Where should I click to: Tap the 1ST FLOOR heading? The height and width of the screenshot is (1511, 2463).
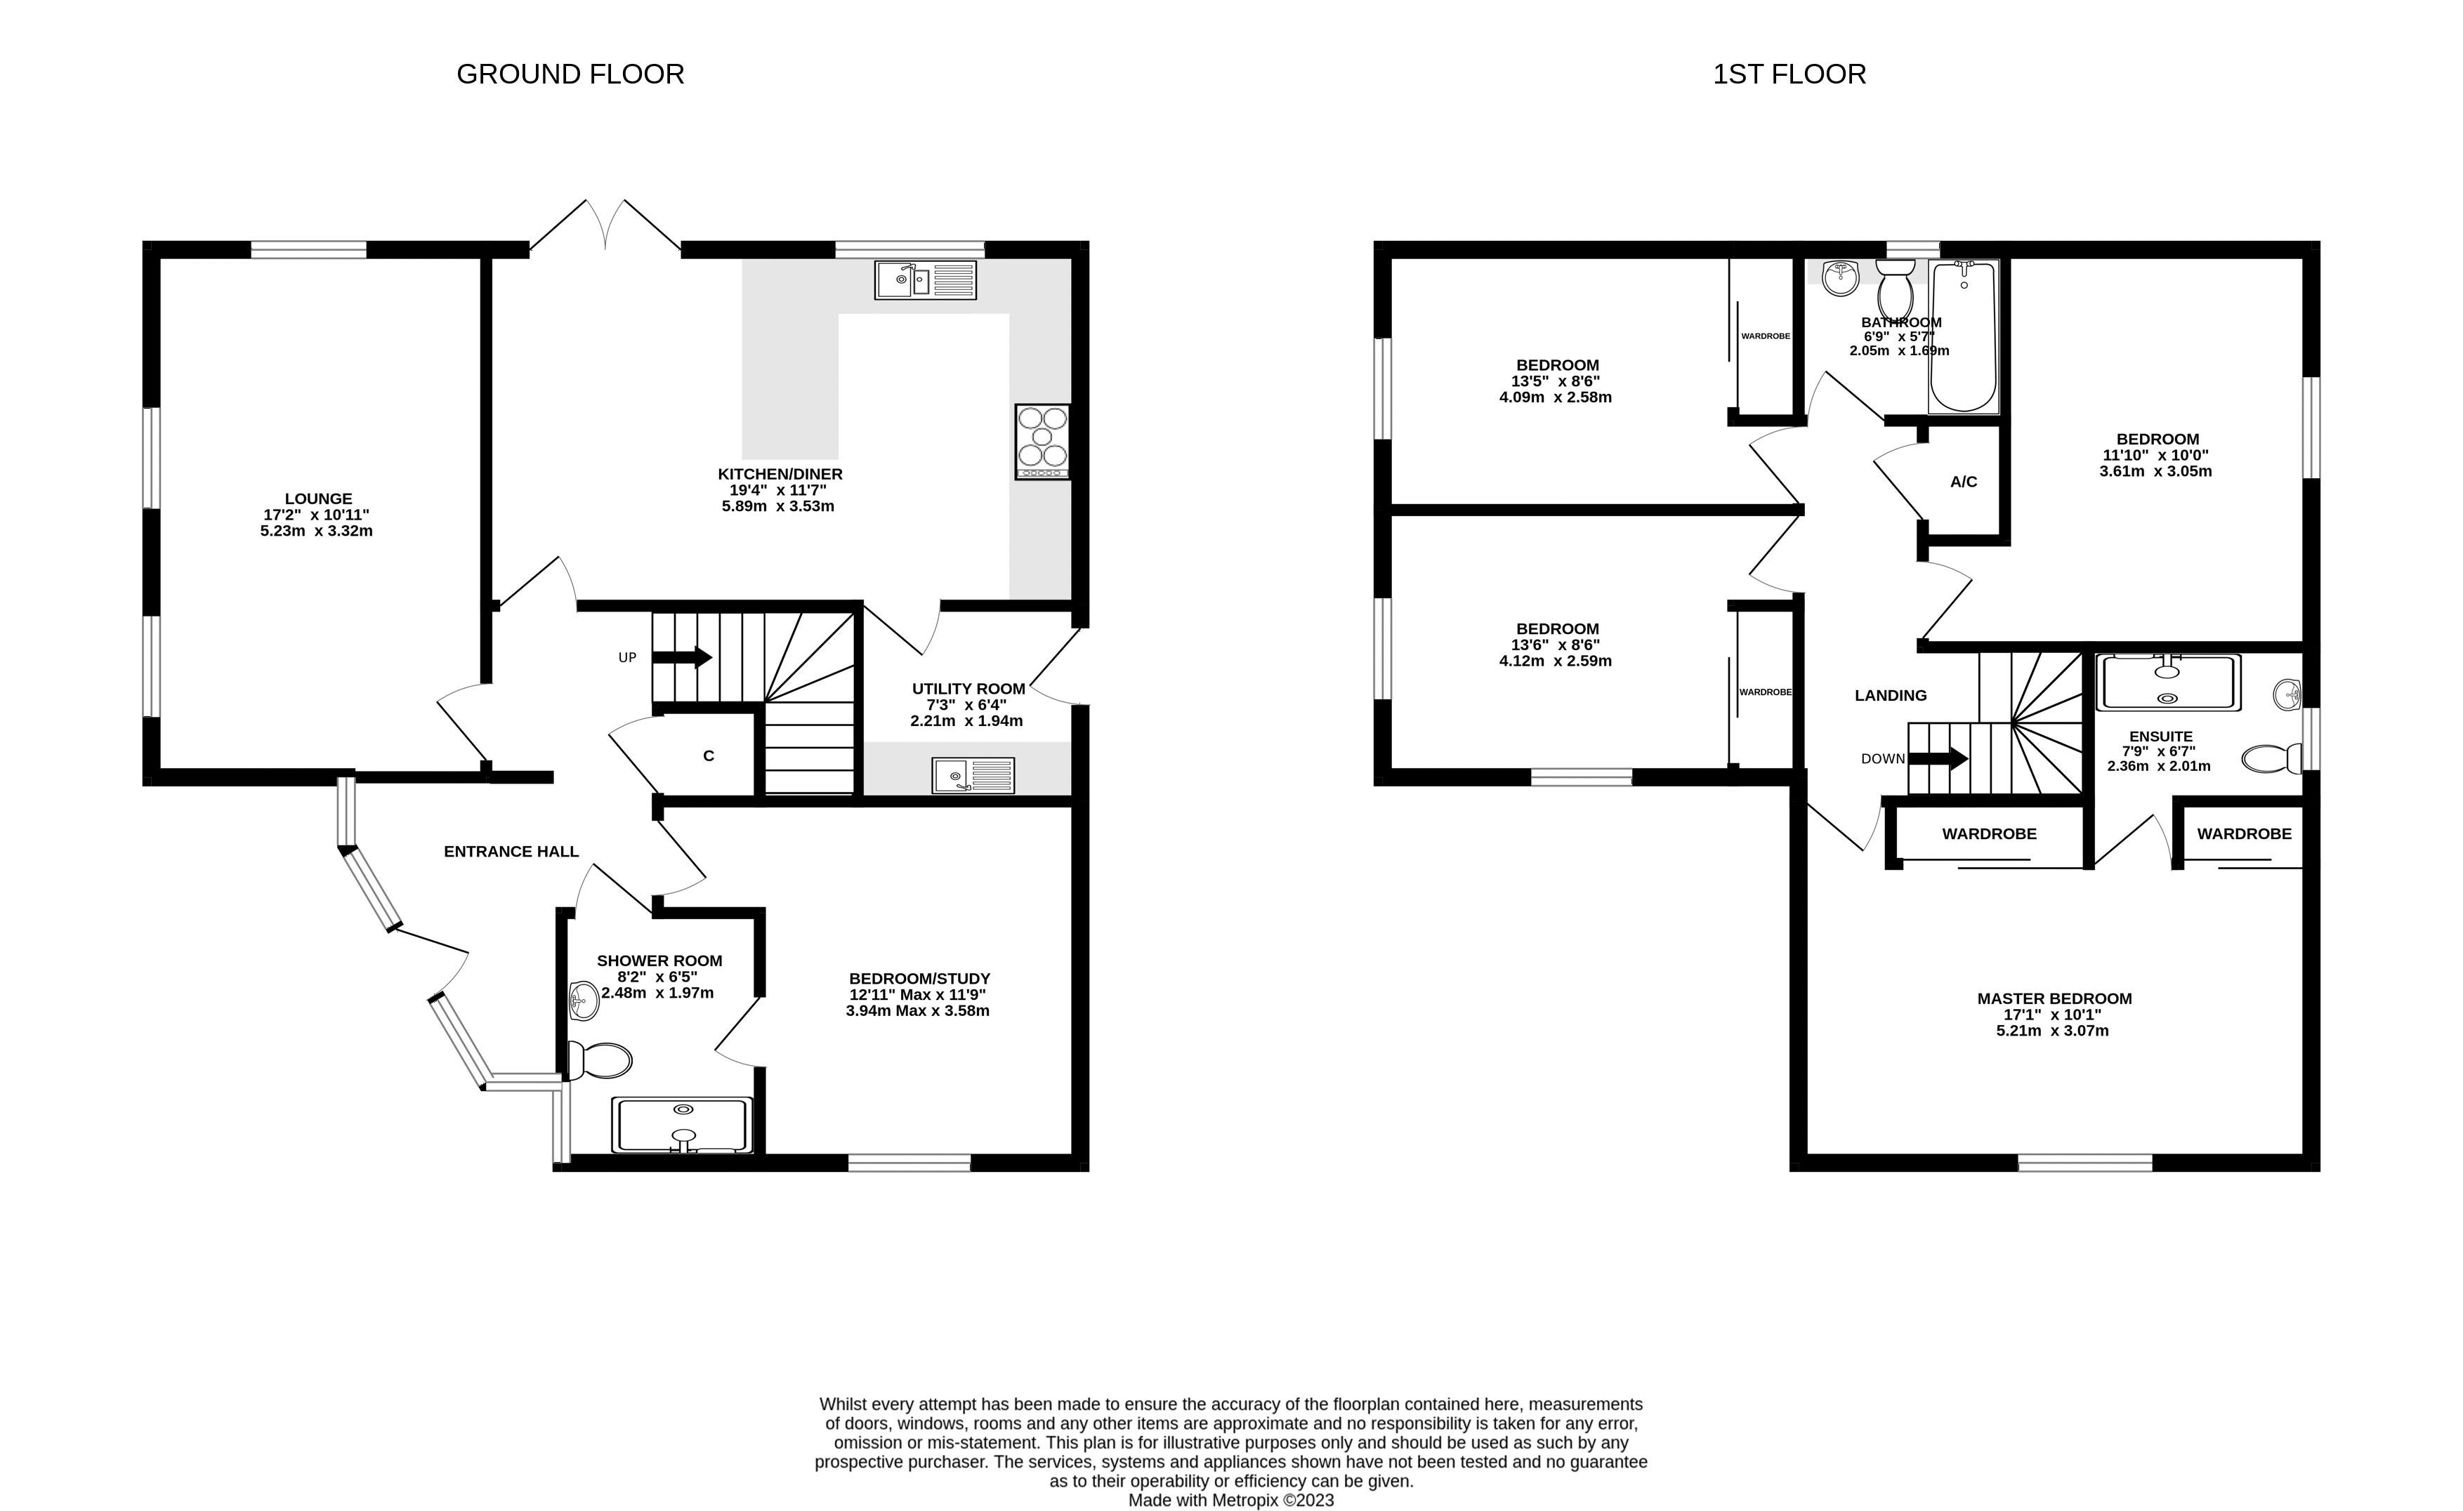pos(1789,74)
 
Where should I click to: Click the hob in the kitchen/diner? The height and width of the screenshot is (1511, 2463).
pos(1042,441)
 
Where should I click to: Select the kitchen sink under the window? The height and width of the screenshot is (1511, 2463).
pos(926,280)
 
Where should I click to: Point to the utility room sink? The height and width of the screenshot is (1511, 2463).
pos(973,775)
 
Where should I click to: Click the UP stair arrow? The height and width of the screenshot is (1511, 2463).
pos(682,658)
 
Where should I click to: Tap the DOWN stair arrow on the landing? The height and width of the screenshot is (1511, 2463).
pos(1938,758)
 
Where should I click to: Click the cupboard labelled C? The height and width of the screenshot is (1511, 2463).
pos(709,756)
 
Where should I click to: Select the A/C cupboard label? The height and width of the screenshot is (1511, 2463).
pos(1963,482)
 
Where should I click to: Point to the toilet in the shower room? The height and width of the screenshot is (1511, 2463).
pos(599,1060)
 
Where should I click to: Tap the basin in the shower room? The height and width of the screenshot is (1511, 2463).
pos(583,999)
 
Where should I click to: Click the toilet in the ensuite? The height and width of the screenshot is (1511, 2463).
pos(2271,758)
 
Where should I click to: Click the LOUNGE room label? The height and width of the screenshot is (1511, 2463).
pos(318,499)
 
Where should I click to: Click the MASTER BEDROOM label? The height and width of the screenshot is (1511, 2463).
pos(2054,998)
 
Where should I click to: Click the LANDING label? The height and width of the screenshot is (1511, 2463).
pos(1890,696)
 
